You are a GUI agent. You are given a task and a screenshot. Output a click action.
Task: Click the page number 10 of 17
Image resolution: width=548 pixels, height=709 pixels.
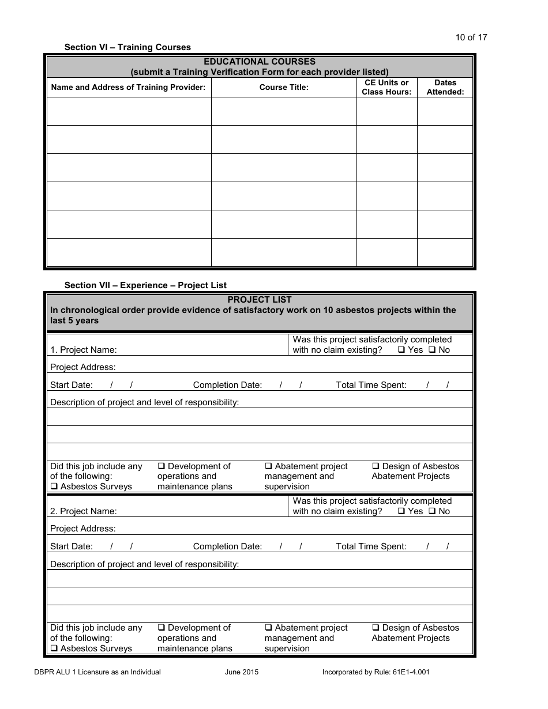(471, 37)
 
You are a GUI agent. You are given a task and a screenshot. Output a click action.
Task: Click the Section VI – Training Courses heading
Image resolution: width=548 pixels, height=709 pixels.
(127, 47)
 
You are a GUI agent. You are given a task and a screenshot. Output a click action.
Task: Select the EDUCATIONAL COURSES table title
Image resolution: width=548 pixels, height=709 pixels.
(260, 62)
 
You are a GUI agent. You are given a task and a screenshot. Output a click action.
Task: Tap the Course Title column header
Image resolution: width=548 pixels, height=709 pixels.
(284, 88)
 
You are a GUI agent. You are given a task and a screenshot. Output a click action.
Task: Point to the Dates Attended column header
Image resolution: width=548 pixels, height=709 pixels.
(445, 87)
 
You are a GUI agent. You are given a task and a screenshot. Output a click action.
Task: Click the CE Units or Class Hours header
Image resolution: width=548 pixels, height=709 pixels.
(386, 87)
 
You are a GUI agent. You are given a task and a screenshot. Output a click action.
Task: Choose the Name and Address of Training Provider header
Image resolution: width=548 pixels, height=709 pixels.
(128, 88)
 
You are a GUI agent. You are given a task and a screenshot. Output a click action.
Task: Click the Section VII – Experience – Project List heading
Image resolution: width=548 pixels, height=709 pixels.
(145, 285)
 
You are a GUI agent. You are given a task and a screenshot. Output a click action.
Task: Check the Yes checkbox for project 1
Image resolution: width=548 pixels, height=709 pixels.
(401, 350)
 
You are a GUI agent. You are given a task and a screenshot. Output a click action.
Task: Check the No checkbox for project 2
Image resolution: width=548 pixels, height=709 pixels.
(432, 511)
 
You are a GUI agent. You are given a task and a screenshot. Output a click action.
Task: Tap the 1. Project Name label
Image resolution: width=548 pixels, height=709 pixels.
(84, 350)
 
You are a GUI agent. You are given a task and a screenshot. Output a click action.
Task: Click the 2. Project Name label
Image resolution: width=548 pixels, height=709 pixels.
(84, 511)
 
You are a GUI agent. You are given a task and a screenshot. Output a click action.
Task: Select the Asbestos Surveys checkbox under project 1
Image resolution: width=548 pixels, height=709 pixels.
(54, 487)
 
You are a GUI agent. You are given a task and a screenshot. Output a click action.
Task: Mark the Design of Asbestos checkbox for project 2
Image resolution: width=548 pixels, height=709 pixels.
(376, 628)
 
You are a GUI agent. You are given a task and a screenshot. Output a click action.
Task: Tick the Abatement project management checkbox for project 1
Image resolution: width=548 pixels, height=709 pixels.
(269, 466)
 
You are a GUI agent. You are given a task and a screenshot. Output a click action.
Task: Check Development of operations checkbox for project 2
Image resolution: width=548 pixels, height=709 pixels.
(162, 628)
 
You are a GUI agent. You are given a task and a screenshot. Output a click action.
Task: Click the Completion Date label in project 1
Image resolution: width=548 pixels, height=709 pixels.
(227, 385)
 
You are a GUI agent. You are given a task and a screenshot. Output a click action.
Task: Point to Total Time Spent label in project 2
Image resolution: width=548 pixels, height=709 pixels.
(371, 546)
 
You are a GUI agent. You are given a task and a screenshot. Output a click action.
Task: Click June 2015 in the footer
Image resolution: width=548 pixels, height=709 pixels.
(242, 672)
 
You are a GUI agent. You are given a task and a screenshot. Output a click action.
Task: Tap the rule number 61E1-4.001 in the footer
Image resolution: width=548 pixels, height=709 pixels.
(408, 672)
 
